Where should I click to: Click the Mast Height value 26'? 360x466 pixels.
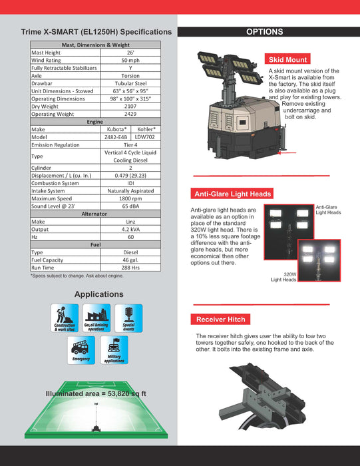[x=130, y=52]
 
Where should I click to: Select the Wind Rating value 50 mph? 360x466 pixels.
[x=130, y=60]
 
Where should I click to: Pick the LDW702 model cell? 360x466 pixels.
[x=145, y=136]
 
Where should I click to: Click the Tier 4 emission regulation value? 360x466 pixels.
[x=130, y=144]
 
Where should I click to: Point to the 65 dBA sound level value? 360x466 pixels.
[x=130, y=206]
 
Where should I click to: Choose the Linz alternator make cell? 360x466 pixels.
[x=130, y=222]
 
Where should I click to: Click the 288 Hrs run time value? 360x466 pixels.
[x=130, y=268]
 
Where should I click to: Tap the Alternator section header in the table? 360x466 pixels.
[x=98, y=214]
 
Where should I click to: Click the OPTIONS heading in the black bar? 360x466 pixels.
[x=265, y=32]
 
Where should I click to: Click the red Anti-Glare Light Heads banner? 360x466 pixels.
[x=232, y=194]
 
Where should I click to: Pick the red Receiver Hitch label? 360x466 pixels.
[x=221, y=320]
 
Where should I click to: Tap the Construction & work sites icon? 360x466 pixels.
[x=65, y=318]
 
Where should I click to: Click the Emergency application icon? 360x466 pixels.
[x=81, y=349]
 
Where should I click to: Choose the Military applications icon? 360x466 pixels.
[x=114, y=349]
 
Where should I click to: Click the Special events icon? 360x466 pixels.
[x=128, y=318]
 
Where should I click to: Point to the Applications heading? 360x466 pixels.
[x=98, y=294]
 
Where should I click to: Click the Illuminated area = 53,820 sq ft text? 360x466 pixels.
[x=96, y=393]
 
